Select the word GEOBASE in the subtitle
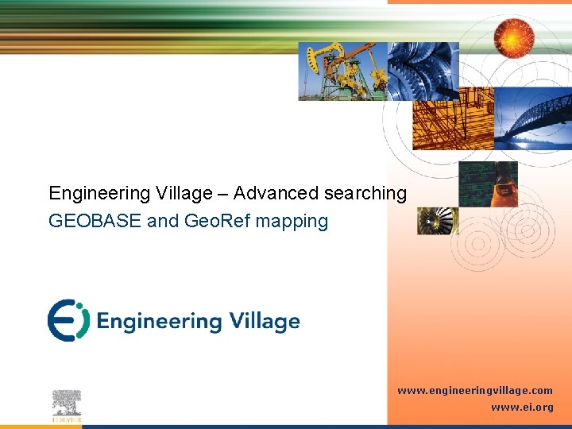(95, 221)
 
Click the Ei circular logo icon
(68, 320)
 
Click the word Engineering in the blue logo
(159, 322)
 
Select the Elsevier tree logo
(68, 405)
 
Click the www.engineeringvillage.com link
(475, 391)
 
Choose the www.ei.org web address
(522, 407)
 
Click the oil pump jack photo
(342, 71)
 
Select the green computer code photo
(488, 184)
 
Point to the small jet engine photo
(438, 221)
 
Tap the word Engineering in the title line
(99, 193)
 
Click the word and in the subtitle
(163, 221)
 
